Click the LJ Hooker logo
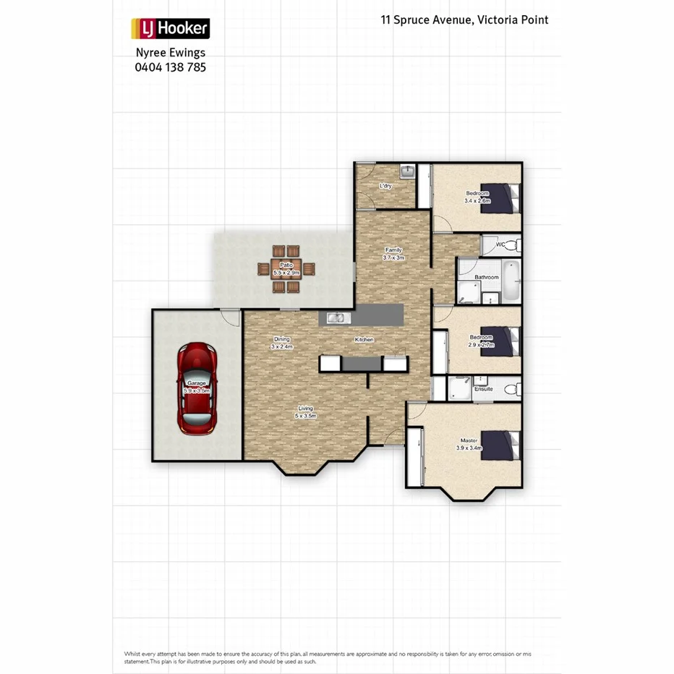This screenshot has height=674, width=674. pos(170,29)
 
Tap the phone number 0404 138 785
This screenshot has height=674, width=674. pos(170,67)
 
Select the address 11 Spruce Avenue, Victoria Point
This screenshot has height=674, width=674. pos(464,20)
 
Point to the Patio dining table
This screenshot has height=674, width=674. pos(287,269)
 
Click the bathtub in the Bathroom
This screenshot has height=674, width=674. pos(511,281)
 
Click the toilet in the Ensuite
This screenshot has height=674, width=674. pos(511,389)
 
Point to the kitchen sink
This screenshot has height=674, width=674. pos(336,317)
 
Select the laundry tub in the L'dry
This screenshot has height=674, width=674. pos(407,172)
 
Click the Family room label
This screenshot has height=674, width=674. pos(393,254)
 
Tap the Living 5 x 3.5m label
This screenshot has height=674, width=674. pos(305,412)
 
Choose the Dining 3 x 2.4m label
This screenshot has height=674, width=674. pos(281,343)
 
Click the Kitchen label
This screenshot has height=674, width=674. pos(363,339)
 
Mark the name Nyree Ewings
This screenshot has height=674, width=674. pos(170,53)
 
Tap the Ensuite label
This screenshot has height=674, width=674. pos(483,389)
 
